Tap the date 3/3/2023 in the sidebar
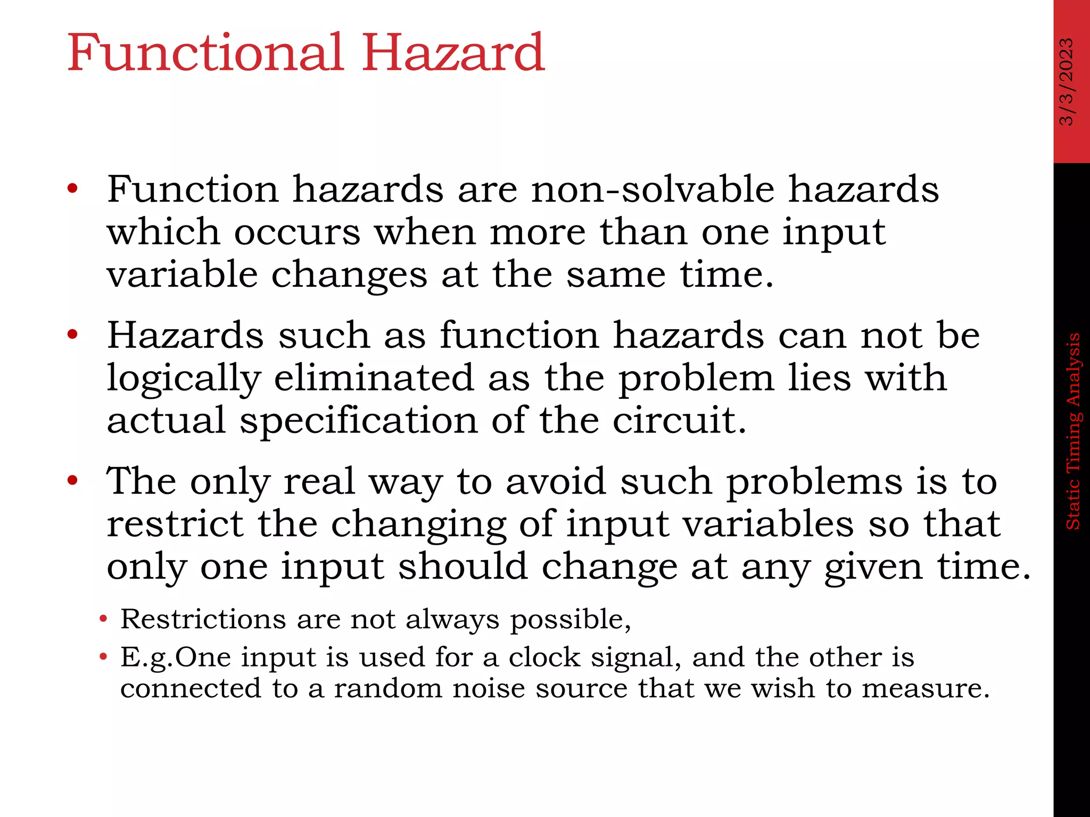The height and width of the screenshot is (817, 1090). (1067, 81)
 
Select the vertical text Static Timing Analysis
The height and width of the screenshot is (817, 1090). (1073, 431)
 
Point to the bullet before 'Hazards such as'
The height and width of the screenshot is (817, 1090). (73, 335)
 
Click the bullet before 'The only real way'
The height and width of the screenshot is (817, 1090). (73, 481)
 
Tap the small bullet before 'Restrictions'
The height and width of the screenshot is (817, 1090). (103, 619)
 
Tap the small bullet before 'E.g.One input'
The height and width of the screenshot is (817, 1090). (103, 657)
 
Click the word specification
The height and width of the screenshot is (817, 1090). (359, 420)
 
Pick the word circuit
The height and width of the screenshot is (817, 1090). (679, 420)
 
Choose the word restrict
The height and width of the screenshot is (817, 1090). (175, 523)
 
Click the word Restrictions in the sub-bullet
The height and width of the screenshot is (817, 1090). (203, 619)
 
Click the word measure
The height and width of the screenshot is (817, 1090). (925, 688)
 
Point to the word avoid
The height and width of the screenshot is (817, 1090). (556, 481)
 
